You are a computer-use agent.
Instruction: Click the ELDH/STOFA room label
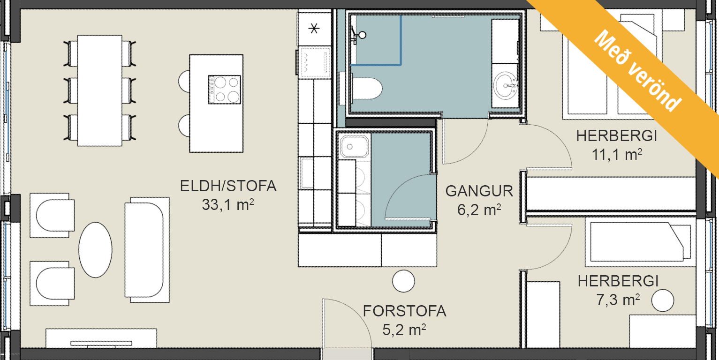tap(228, 186)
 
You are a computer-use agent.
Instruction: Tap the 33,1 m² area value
tap(228, 205)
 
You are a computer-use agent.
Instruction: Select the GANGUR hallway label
tap(479, 191)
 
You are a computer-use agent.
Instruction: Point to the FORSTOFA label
tap(404, 311)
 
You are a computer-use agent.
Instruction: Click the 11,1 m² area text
tap(617, 155)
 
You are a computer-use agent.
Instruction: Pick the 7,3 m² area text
tap(618, 300)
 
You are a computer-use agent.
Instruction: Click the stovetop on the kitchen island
tap(224, 90)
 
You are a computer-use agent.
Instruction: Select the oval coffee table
tap(95, 250)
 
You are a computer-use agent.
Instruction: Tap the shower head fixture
tap(359, 35)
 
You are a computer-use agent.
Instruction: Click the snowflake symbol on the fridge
tap(314, 29)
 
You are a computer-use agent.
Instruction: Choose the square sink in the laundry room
tap(355, 147)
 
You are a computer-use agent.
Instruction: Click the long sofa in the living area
tap(147, 250)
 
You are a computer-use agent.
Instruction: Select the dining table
tap(99, 90)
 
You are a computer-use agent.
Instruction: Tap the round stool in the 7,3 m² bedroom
tap(663, 300)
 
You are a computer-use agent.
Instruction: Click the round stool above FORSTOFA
tap(403, 281)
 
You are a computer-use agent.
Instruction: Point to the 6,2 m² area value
tap(479, 210)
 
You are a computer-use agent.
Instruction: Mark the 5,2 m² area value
tap(404, 330)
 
